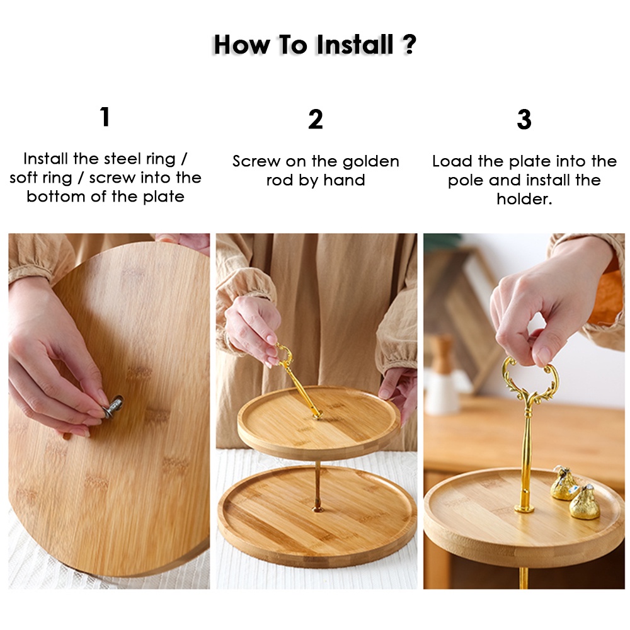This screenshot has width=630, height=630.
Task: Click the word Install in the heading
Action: pyautogui.click(x=355, y=44)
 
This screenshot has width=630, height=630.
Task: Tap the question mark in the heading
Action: pyautogui.click(x=409, y=44)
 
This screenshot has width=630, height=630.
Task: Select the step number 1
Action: pyautogui.click(x=105, y=117)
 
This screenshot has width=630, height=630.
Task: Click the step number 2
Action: pyautogui.click(x=316, y=119)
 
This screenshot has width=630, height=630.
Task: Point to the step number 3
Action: pyautogui.click(x=524, y=119)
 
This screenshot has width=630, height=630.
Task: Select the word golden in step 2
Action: pyautogui.click(x=371, y=162)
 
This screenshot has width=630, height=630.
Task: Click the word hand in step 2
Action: pyautogui.click(x=345, y=180)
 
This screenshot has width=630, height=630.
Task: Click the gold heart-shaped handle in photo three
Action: pyautogui.click(x=530, y=377)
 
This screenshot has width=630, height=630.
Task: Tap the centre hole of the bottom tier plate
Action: pyautogui.click(x=318, y=510)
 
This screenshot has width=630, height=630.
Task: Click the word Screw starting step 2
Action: pyautogui.click(x=256, y=161)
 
